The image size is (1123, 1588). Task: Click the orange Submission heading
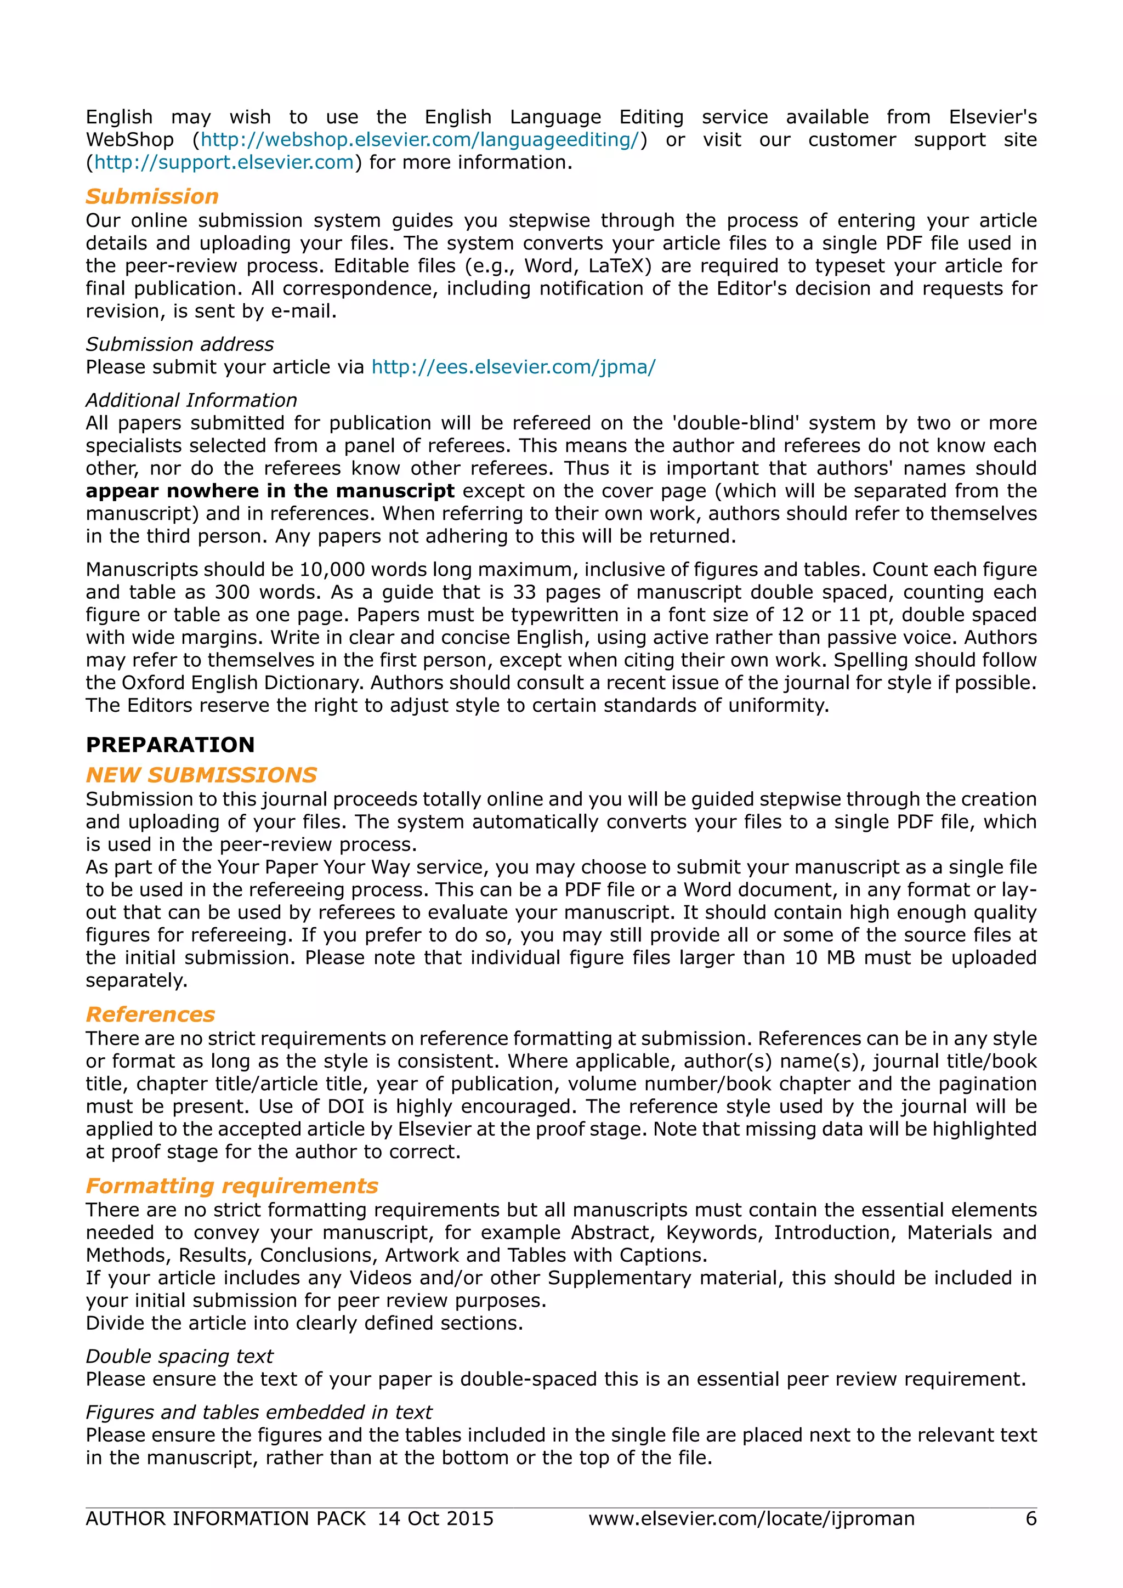pos(152,196)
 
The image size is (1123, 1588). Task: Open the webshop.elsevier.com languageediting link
pos(419,140)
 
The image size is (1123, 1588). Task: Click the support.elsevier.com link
pos(224,162)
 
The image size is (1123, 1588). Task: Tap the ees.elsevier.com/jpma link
pos(513,367)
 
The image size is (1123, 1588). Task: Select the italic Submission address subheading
pos(180,344)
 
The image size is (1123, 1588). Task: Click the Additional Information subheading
pos(191,400)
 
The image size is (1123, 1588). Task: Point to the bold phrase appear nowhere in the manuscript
pos(270,491)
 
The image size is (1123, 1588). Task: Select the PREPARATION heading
pos(170,745)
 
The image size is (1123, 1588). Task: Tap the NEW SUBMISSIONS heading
pos(201,775)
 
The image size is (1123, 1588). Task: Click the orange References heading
pos(150,1014)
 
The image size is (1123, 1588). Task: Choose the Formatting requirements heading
pos(231,1186)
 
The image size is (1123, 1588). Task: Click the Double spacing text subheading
pos(180,1356)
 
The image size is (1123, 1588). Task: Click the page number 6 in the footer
pos(1030,1519)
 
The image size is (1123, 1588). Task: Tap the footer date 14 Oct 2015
pos(435,1519)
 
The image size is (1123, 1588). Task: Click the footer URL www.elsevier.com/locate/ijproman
pos(751,1519)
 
